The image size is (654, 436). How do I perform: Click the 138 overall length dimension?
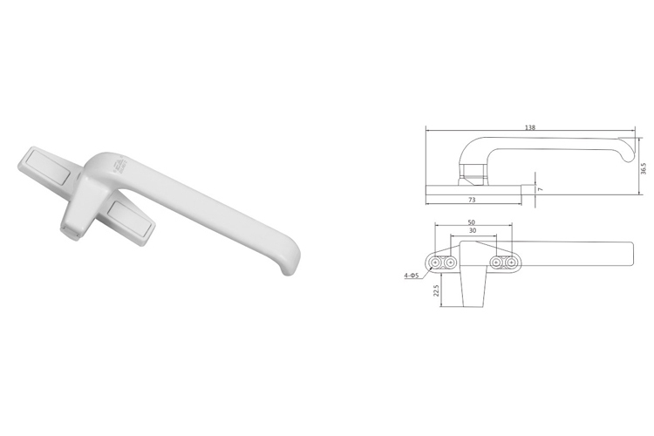529,127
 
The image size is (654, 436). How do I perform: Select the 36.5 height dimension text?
644,168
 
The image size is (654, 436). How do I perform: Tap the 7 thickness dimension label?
541,189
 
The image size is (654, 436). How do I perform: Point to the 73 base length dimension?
472,200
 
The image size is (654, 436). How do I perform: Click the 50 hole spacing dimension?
471,222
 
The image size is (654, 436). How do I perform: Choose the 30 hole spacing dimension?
473,231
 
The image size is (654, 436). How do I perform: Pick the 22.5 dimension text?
437,290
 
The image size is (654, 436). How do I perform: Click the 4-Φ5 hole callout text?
412,276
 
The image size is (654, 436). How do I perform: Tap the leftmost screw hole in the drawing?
435,262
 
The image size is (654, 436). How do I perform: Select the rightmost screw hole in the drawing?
511,262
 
